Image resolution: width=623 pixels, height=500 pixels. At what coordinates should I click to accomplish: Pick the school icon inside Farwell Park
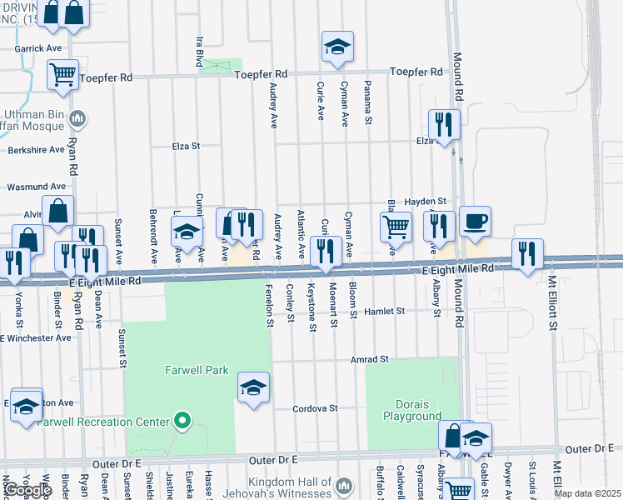pos(254,387)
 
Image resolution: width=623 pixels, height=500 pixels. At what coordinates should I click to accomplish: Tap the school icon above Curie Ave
pos(337,47)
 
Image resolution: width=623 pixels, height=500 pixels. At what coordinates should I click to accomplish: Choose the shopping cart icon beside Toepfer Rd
pos(63,76)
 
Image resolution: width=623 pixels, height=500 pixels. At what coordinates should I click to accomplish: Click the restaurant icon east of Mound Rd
pos(527,254)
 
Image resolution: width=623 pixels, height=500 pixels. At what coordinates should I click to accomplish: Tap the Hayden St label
pos(426,202)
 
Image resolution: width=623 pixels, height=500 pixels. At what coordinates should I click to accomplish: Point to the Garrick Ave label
pos(38,48)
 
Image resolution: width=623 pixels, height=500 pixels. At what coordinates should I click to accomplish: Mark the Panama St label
pos(367,103)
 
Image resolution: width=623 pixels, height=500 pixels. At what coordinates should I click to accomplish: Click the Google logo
pos(27,490)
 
